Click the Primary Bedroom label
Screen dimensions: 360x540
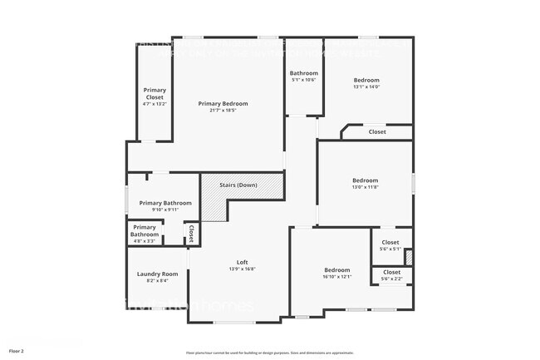tap(223, 104)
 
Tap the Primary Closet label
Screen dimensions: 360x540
tap(155, 93)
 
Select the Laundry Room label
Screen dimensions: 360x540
tap(158, 274)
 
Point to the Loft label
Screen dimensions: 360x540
tap(243, 263)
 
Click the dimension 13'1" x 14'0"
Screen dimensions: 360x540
tap(366, 86)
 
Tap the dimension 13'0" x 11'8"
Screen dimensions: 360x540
tap(365, 187)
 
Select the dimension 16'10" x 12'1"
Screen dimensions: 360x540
tap(337, 276)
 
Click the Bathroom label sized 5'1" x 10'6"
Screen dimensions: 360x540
tap(304, 73)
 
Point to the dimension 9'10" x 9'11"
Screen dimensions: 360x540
tap(165, 210)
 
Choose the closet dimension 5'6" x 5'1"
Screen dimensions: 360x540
tap(390, 249)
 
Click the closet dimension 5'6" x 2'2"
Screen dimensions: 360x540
tap(391, 279)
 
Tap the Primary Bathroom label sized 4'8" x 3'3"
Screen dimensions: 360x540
tap(145, 230)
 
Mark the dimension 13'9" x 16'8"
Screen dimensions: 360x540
tap(243, 269)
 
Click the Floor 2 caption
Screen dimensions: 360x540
tap(17, 351)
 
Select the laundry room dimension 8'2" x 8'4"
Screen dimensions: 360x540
tap(158, 280)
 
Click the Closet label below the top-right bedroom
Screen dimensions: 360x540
tap(377, 131)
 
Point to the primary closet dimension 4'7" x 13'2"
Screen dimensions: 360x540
tap(155, 104)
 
